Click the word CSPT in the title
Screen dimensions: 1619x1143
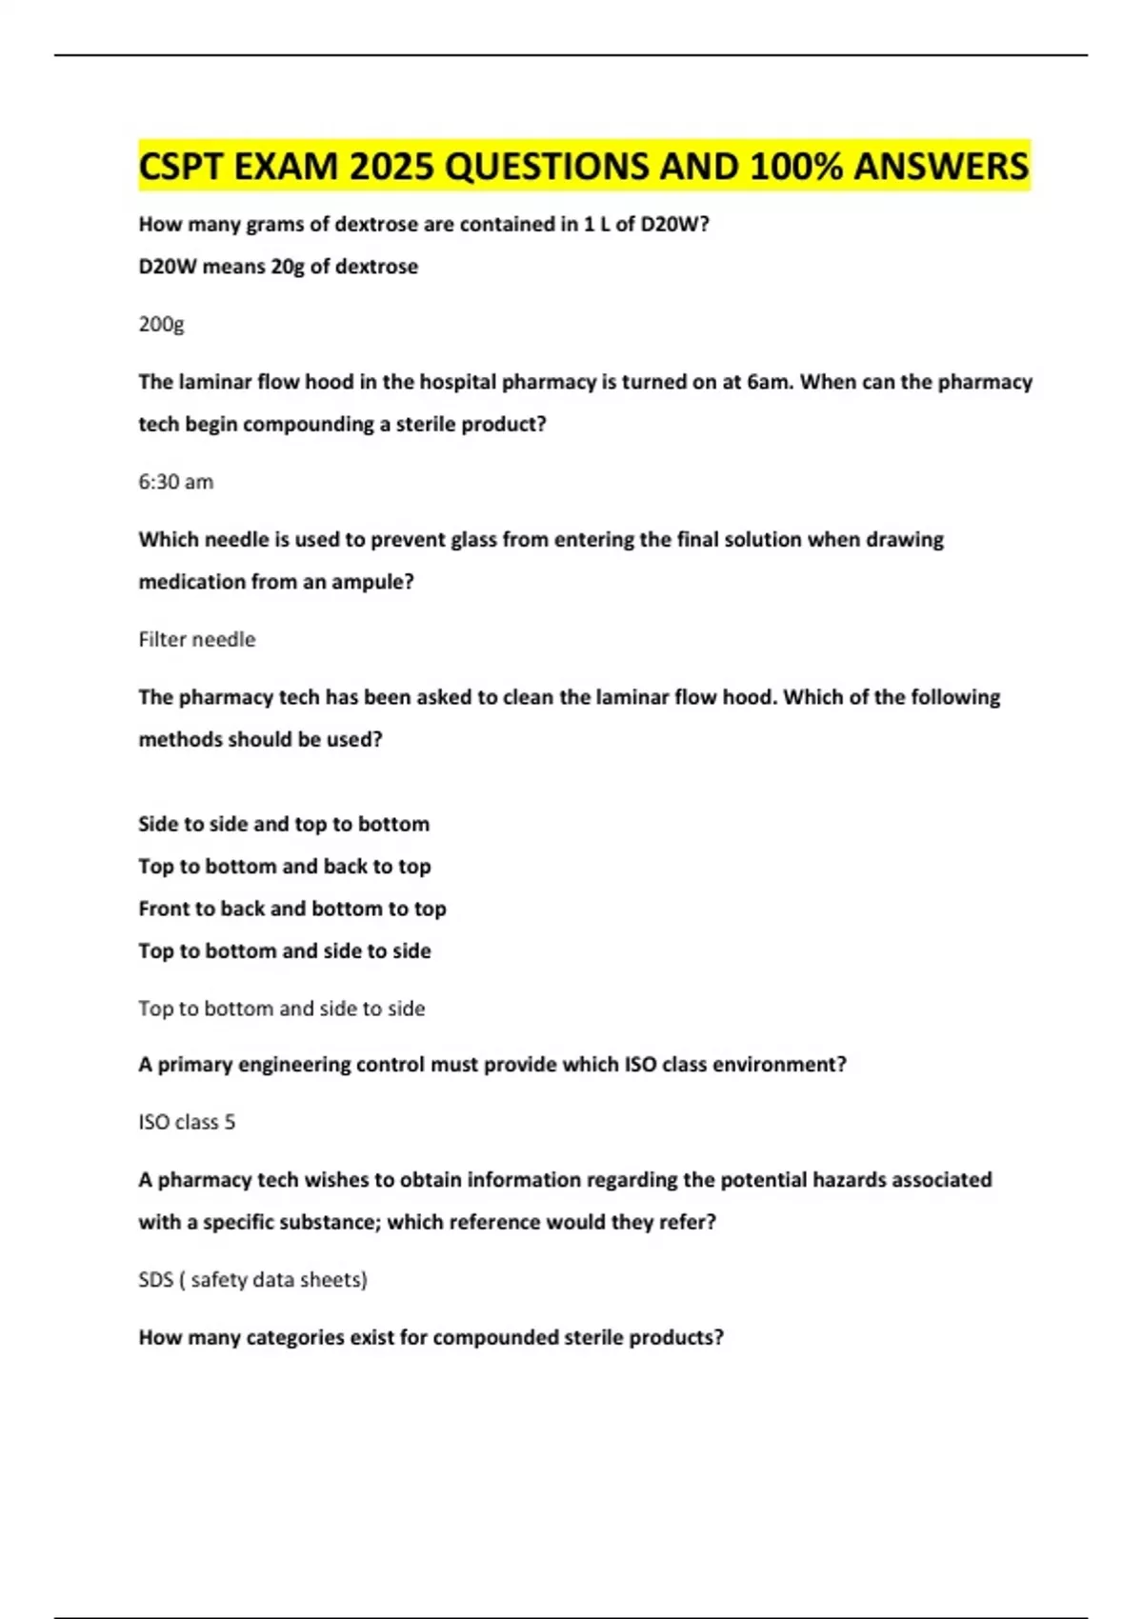181,167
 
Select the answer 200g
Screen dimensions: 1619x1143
161,324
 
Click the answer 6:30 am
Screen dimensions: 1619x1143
175,482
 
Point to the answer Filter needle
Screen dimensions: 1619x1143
196,639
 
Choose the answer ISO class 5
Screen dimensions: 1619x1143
186,1122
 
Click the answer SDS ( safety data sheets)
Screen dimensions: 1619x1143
252,1279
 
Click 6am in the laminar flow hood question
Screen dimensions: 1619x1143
768,382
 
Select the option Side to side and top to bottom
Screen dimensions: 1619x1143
283,824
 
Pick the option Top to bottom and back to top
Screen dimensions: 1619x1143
284,867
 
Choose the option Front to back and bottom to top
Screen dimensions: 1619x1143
291,909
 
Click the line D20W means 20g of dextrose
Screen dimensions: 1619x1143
277,267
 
